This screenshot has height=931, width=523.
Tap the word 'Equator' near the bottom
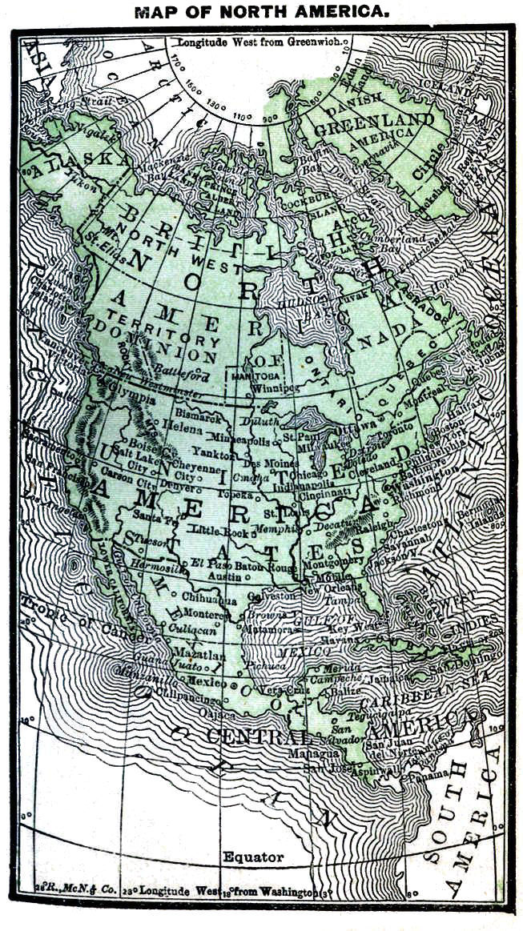253,857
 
